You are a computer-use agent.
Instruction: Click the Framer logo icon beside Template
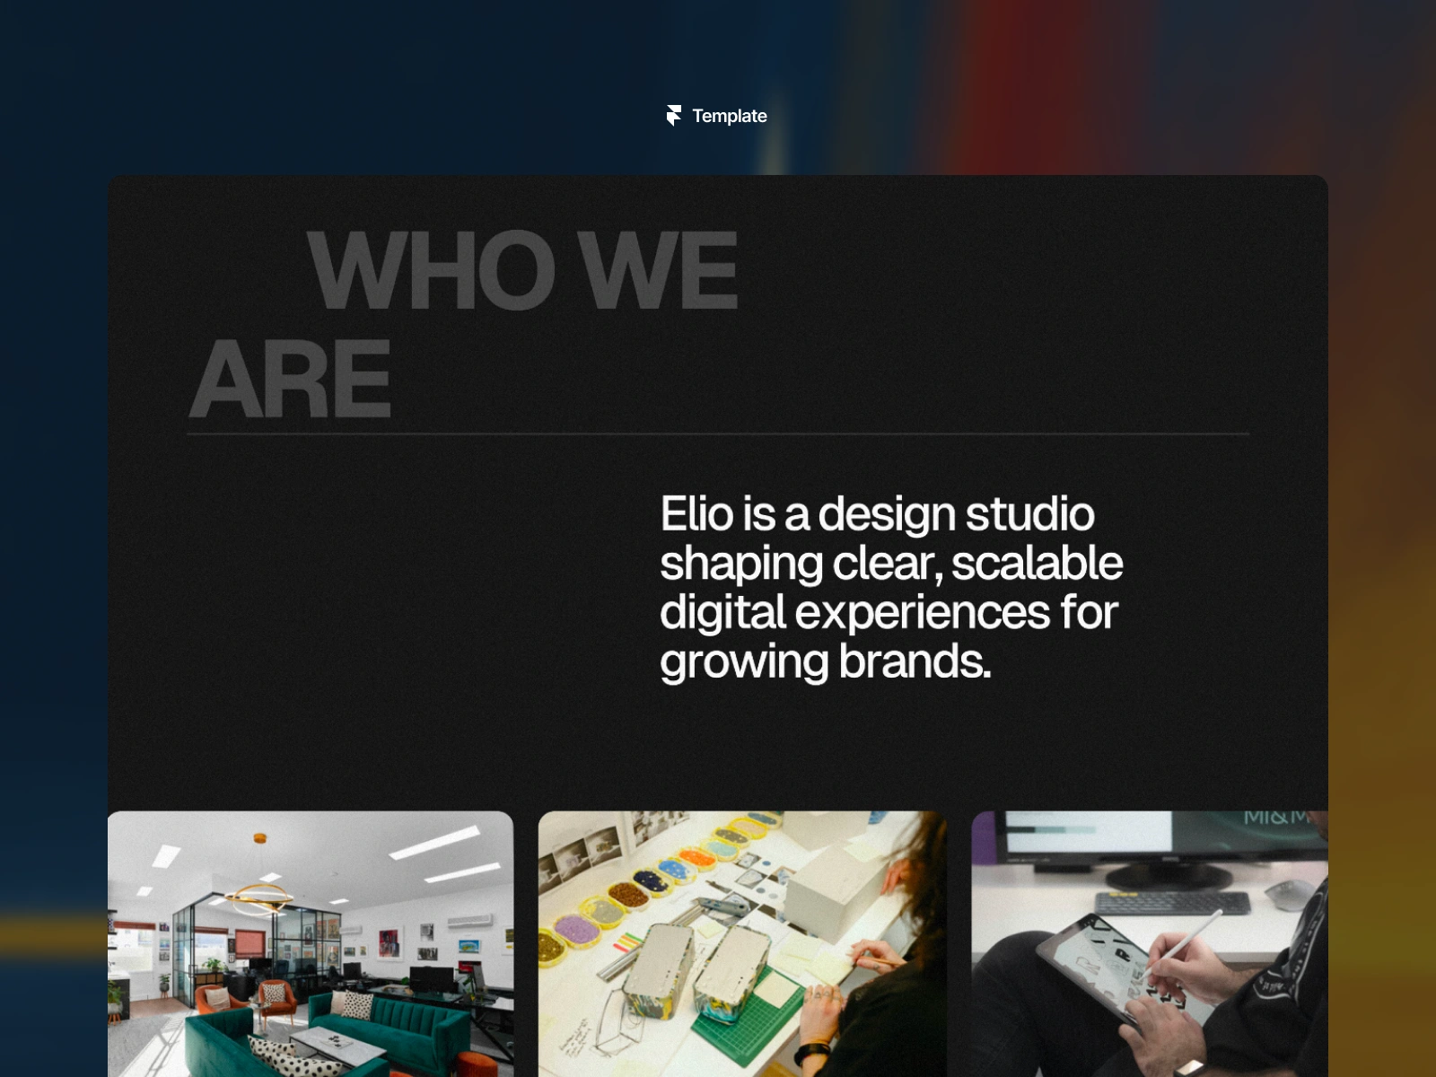(x=674, y=115)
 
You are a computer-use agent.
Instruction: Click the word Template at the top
(x=730, y=116)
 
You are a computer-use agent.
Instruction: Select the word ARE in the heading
(x=291, y=378)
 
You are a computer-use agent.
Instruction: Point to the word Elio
(x=696, y=513)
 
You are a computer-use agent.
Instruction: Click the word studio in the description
(x=1029, y=513)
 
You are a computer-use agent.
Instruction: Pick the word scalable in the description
(x=1037, y=563)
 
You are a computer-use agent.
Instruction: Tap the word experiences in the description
(x=923, y=613)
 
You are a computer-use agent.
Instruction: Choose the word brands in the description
(x=915, y=661)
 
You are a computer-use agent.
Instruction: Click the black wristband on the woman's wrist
(x=812, y=1052)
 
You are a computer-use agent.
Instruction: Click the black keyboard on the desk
(x=1171, y=903)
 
